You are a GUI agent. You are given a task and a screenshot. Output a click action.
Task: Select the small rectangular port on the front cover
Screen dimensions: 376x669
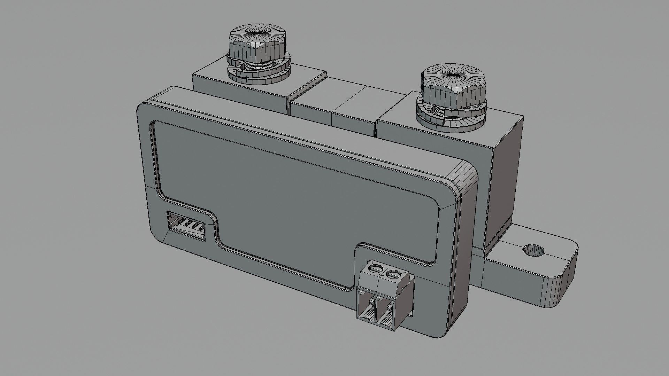[187, 226]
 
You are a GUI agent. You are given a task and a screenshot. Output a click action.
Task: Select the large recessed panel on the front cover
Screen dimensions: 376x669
[296, 195]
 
